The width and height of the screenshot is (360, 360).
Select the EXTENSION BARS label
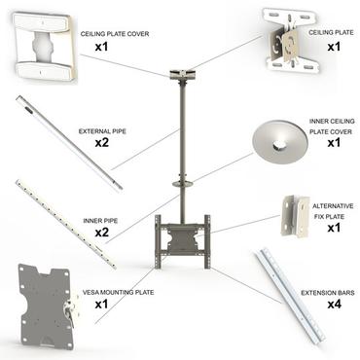[x=324, y=290]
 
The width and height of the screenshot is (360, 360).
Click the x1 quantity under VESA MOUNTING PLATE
[x=101, y=304]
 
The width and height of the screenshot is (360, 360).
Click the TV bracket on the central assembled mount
[x=182, y=237]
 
